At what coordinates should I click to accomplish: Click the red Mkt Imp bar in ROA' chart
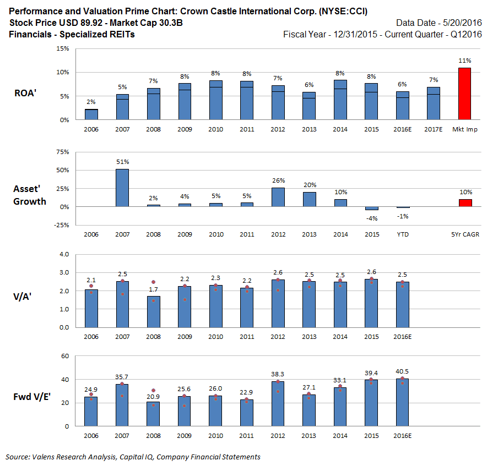coord(464,94)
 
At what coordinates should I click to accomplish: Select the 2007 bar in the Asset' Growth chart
coord(122,188)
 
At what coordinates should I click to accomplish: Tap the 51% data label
coord(122,162)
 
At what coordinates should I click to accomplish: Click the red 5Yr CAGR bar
coord(465,203)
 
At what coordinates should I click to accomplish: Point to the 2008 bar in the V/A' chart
coord(154,312)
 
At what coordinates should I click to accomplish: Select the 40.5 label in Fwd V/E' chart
coord(402,371)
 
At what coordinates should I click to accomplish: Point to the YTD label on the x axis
coord(402,234)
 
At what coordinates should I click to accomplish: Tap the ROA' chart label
coord(25,93)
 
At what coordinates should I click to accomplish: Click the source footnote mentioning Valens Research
coord(133,457)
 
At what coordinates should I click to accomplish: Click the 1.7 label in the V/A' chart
coord(154,289)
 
